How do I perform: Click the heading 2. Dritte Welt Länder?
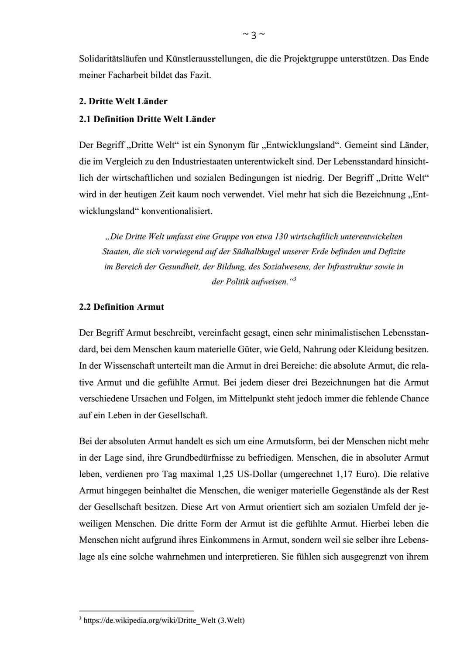point(123,102)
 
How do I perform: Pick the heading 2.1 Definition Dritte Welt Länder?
point(147,119)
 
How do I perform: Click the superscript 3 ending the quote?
point(295,279)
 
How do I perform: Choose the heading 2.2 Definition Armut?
point(121,307)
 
